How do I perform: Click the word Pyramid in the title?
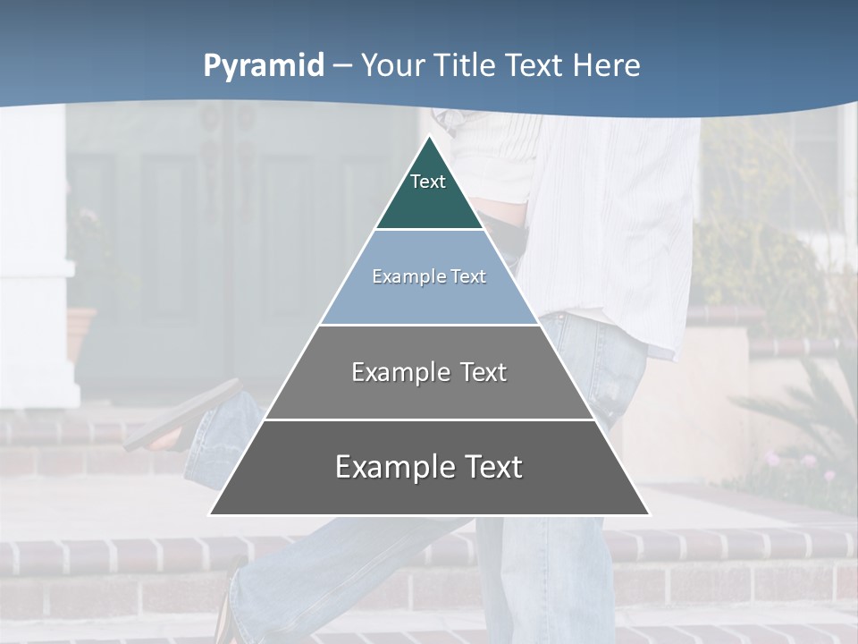point(263,66)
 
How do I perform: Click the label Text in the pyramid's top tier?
point(428,182)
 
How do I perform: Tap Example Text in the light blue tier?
point(429,276)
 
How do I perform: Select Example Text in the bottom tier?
point(429,467)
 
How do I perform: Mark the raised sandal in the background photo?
point(183,416)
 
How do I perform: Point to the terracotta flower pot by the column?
point(80,331)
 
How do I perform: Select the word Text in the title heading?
point(534,65)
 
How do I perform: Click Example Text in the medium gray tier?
point(429,372)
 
